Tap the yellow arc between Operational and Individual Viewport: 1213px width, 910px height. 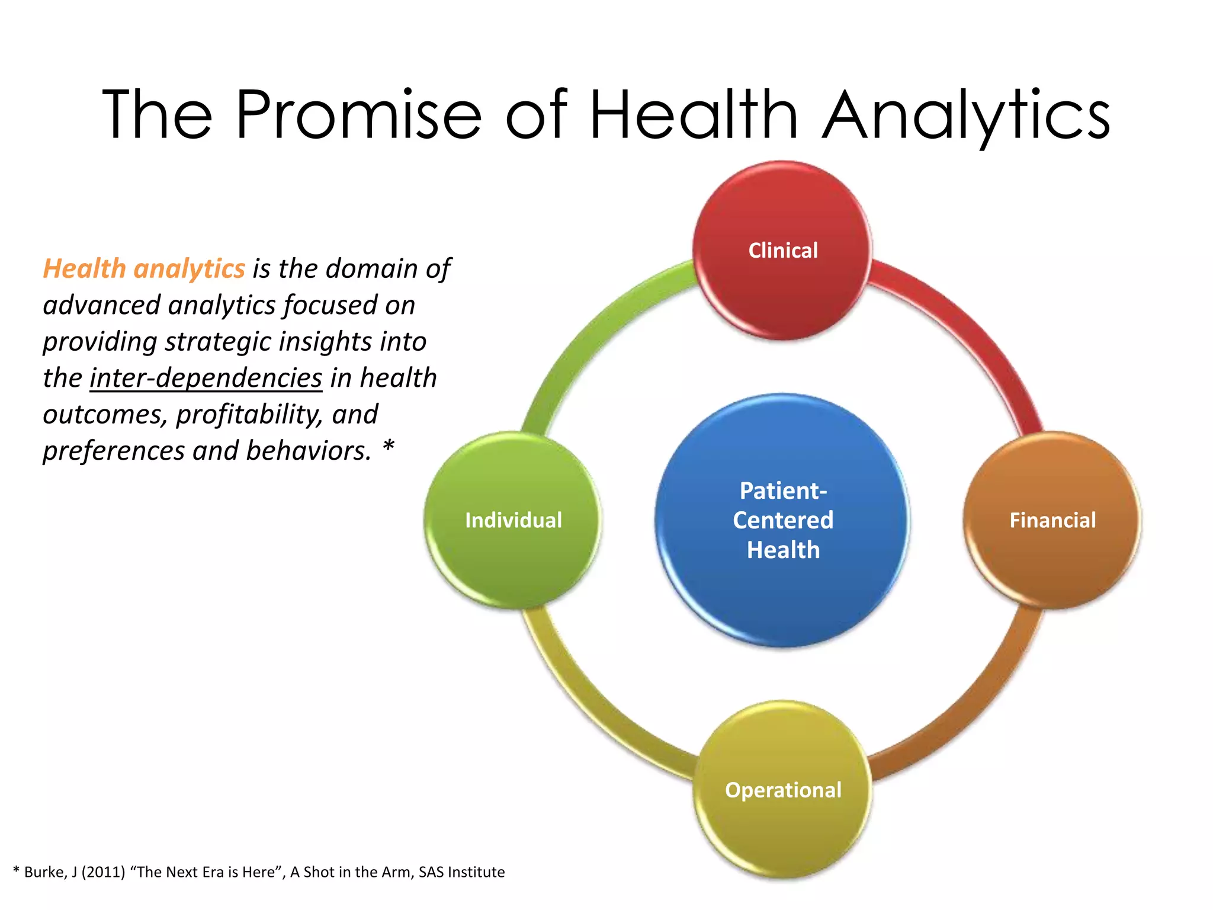(x=592, y=711)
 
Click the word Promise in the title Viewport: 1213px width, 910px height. (x=358, y=114)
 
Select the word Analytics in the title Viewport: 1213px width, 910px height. (x=967, y=114)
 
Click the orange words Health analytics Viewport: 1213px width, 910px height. (x=144, y=269)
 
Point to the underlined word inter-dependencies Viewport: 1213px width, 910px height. (x=206, y=378)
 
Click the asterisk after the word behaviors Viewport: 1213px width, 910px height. (x=388, y=446)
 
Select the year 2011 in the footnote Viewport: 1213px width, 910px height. (x=103, y=872)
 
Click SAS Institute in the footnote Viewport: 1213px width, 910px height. (x=461, y=872)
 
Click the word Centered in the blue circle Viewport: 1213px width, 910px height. (x=782, y=520)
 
